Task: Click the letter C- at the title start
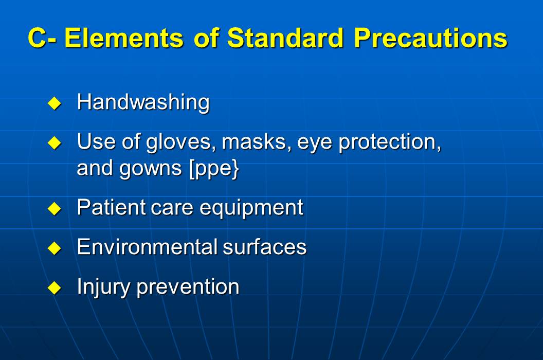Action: click(42, 38)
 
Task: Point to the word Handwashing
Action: click(143, 102)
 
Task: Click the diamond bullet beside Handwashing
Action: click(54, 103)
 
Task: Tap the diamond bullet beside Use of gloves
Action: click(54, 142)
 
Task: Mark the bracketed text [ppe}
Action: click(213, 170)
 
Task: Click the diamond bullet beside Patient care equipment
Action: click(54, 208)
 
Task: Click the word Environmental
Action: click(147, 247)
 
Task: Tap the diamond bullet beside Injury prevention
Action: click(54, 287)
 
